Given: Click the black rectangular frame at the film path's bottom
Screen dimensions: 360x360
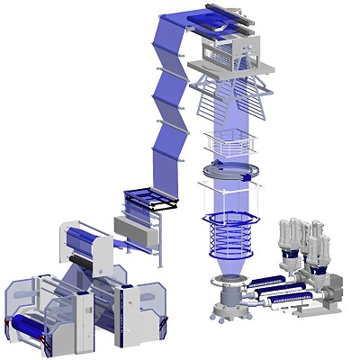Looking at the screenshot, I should pyautogui.click(x=147, y=200).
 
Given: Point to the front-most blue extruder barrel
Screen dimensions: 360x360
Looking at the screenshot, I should pyautogui.click(x=283, y=297).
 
